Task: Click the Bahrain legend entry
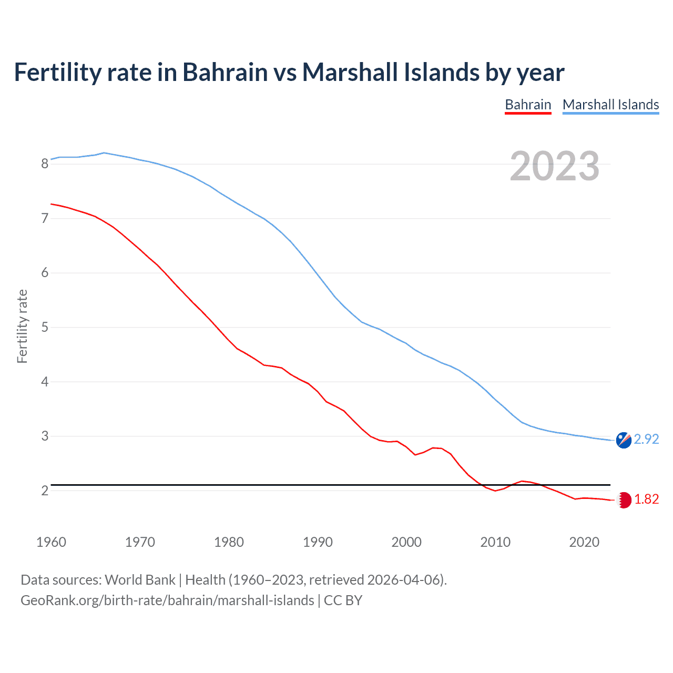click(528, 105)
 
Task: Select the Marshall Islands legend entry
click(610, 105)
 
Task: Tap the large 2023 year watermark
click(555, 166)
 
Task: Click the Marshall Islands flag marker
click(624, 440)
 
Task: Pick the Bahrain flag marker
click(624, 500)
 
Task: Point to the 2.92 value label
click(646, 439)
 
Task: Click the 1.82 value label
click(646, 499)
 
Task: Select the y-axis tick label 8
click(45, 164)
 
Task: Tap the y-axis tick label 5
click(45, 327)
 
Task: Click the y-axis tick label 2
click(45, 491)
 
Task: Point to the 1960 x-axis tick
click(51, 542)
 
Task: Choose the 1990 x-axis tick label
click(318, 542)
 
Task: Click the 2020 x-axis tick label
click(584, 542)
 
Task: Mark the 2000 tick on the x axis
click(406, 542)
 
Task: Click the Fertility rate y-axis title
click(22, 326)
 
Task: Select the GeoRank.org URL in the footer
click(167, 600)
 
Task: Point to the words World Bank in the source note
click(140, 580)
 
